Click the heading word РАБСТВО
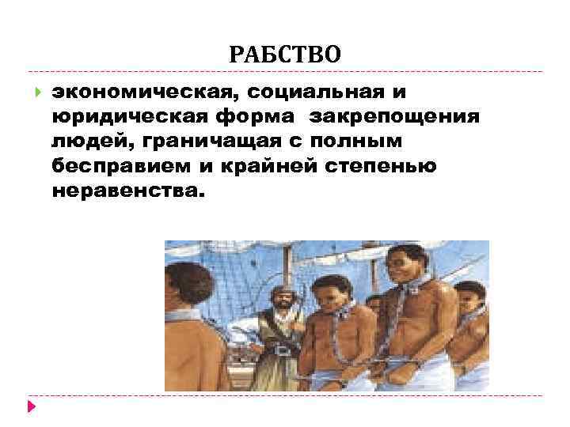click(x=285, y=55)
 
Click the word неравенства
click(x=127, y=192)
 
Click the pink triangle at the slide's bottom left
click(x=31, y=408)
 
